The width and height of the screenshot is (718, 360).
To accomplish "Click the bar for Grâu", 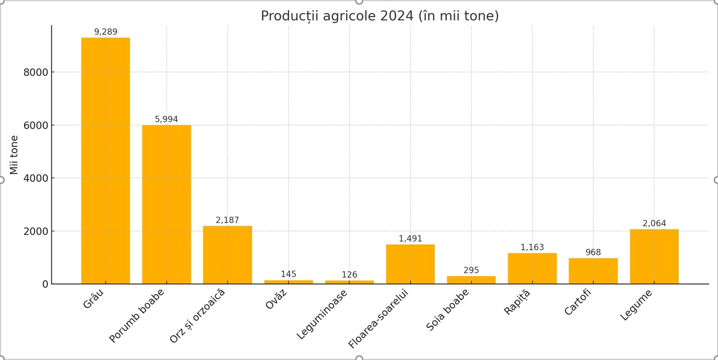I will (x=105, y=161).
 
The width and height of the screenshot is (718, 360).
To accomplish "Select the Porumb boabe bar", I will (x=166, y=204).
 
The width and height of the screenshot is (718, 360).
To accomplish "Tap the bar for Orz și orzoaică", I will (x=227, y=255).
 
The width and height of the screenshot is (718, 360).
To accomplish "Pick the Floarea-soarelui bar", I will (x=410, y=264).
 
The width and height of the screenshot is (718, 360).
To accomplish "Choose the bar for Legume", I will (x=654, y=256).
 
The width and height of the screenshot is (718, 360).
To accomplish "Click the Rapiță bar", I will (x=532, y=268).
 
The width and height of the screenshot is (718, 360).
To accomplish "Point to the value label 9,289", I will (x=105, y=32).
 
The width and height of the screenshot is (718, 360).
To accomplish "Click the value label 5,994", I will (x=166, y=119).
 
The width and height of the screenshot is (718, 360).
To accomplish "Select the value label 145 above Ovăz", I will (x=289, y=274).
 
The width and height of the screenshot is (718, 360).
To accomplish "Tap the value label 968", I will (x=593, y=253).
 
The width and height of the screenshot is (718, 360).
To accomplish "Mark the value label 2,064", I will (x=654, y=223).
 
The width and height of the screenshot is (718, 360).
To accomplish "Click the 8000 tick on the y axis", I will (x=36, y=72).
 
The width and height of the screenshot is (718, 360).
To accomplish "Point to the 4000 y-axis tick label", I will (x=36, y=178).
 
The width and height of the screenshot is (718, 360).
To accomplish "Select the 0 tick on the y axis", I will (x=46, y=284).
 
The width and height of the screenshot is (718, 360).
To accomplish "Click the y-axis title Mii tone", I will (x=14, y=155).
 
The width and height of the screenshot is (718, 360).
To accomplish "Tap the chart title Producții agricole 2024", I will (x=380, y=16).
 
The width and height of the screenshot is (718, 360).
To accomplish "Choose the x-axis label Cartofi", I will (x=578, y=302).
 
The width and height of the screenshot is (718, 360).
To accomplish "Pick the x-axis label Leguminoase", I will (x=322, y=314).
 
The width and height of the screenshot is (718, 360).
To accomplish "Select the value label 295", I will (x=471, y=270).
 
